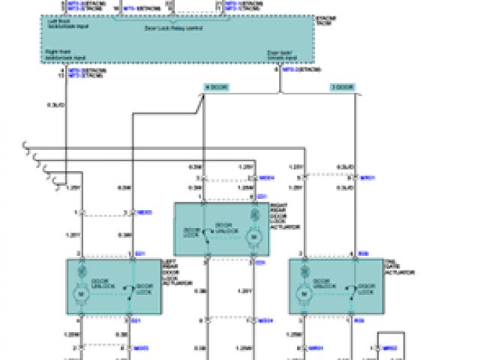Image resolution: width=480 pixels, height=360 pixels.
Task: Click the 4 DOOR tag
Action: coord(215,88)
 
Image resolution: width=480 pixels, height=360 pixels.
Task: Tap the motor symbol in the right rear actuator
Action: coord(253,237)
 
